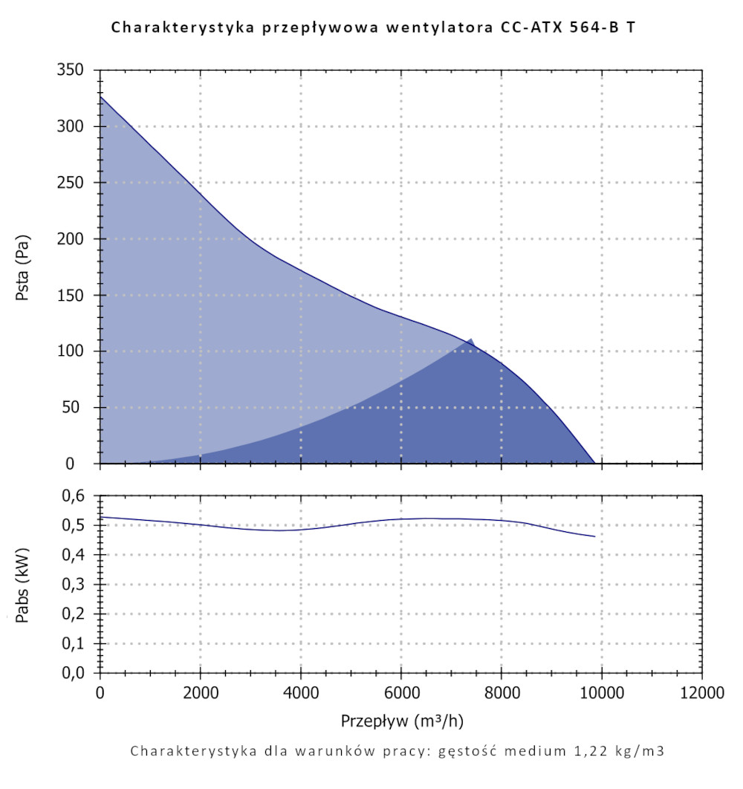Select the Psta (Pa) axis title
tap(23, 267)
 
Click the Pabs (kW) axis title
tap(23, 585)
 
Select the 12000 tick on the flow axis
tap(701, 695)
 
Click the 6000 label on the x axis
tap(400, 695)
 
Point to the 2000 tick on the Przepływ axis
tap(201, 695)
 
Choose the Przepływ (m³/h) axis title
tap(401, 721)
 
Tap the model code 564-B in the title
tap(590, 28)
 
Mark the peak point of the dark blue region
tap(470, 340)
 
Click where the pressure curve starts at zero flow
tap(100, 96)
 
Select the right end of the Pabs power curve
tap(594, 536)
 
